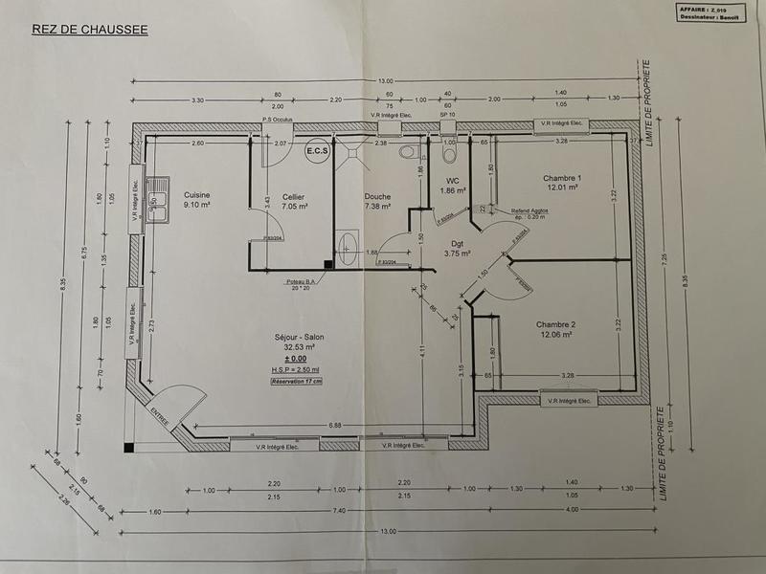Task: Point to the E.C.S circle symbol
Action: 317,151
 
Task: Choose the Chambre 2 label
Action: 557,329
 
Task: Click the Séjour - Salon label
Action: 297,342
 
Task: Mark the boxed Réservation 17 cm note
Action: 297,381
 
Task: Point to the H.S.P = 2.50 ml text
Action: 297,368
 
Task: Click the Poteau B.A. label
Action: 304,281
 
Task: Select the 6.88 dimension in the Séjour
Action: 334,424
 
